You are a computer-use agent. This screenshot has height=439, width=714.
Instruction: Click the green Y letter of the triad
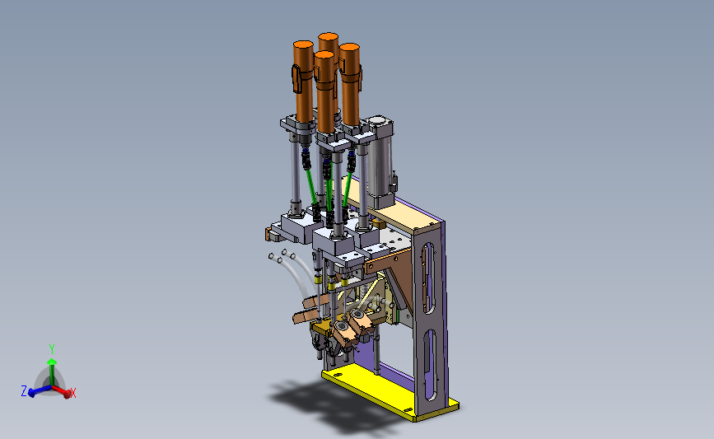point(52,349)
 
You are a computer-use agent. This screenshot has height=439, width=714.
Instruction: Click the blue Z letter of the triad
point(24,390)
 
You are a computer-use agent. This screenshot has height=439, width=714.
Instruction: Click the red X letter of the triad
point(72,393)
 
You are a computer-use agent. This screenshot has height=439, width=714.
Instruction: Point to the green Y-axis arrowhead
point(52,362)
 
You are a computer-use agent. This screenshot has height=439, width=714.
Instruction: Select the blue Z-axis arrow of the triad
point(40,390)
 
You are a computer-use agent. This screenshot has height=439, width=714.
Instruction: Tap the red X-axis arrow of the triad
point(62,391)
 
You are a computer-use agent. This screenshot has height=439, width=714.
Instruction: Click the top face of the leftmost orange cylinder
point(303,45)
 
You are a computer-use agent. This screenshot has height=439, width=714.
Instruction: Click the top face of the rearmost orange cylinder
point(329,36)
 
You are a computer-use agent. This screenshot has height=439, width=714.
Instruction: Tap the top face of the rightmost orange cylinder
point(350,48)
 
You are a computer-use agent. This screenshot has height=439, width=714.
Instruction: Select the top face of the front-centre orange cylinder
point(324,54)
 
